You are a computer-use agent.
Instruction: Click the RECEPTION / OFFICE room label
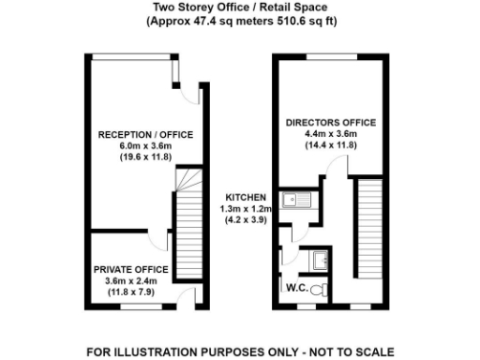coord(145,135)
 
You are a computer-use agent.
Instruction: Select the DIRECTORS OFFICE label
coord(331,123)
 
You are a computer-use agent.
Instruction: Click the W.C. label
coord(298,287)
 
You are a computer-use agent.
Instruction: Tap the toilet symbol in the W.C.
coord(320,288)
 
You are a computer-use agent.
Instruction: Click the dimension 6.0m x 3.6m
coord(145,146)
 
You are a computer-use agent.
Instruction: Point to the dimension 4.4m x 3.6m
coord(331,134)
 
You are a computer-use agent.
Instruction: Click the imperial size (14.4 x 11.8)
coord(331,145)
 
